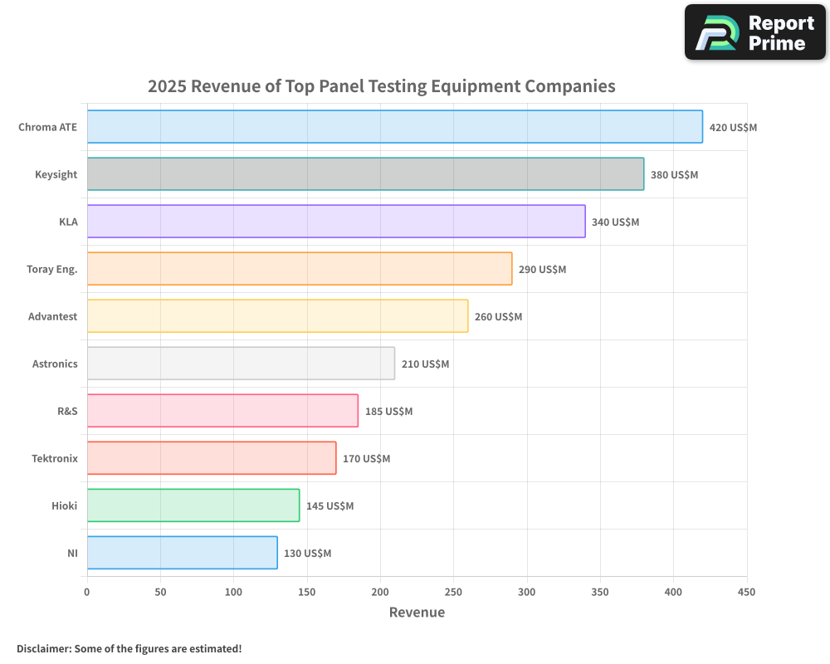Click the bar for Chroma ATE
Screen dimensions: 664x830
[394, 127]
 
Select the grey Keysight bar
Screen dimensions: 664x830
[365, 174]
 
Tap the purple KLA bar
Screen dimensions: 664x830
[336, 222]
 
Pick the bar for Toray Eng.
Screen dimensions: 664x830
[299, 269]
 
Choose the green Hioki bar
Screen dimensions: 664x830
[193, 505]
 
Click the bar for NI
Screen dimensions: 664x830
[182, 553]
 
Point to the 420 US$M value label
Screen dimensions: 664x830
[733, 128]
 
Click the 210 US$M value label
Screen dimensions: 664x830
[425, 364]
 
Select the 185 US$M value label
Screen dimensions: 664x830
[388, 412]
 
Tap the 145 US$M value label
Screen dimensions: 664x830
[330, 506]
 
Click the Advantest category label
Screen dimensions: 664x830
[52, 317]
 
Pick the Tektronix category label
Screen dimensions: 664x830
[54, 459]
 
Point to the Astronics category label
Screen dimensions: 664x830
[55, 364]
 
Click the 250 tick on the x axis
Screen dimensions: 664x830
[453, 593]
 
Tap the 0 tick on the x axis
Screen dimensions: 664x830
[87, 593]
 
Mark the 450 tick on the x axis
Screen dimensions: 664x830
[746, 593]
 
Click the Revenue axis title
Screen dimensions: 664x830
[417, 613]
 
